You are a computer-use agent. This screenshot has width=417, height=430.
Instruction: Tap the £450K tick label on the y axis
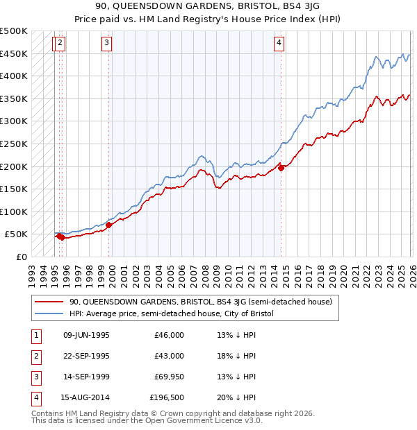[x=14, y=53]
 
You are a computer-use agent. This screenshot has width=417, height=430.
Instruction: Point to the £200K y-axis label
[x=14, y=166]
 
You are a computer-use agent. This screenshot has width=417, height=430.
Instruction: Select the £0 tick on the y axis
[x=20, y=257]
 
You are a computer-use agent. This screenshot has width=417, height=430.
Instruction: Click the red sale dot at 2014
[x=281, y=167]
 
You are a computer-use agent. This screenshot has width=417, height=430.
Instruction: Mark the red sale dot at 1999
[x=109, y=224]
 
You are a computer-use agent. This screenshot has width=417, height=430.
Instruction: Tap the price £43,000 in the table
[x=169, y=356]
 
